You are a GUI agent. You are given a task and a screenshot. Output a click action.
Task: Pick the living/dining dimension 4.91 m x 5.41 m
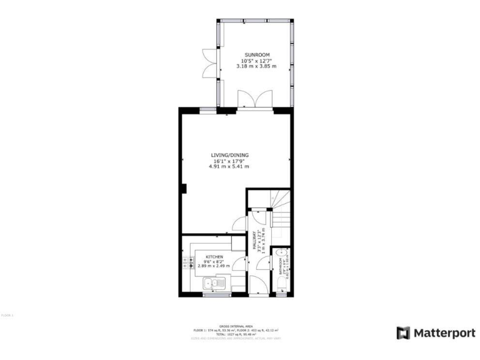point(229,166)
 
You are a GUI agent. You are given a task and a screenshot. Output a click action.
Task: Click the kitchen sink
point(211,284)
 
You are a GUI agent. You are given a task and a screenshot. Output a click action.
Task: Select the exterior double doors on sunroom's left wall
point(208,63)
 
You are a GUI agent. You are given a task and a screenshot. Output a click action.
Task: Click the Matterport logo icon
point(403,332)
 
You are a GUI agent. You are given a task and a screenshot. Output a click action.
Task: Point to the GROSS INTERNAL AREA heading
point(240,326)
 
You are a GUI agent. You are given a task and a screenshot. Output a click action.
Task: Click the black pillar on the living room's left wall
point(183,187)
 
